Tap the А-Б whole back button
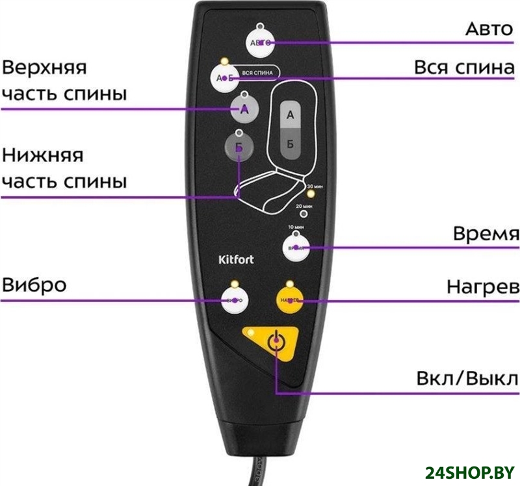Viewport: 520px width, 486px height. point(224,77)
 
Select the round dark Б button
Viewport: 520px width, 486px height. point(239,147)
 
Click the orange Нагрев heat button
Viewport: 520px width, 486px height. point(290,301)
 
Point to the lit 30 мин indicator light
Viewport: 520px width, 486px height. point(311,193)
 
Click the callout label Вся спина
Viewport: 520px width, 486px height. point(464,68)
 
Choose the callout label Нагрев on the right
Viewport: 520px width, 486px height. point(482,287)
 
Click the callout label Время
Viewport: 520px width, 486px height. point(486,234)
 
